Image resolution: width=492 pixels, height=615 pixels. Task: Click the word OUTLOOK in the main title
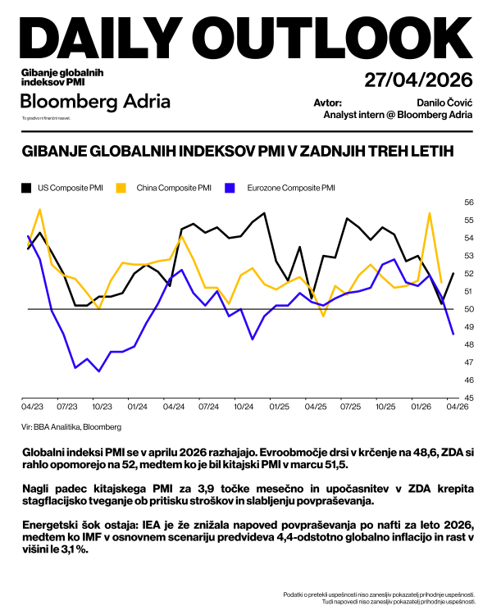pyautogui.click(x=353, y=38)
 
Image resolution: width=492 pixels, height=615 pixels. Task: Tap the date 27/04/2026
pyautogui.click(x=418, y=80)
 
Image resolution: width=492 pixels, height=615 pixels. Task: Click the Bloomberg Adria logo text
pyautogui.click(x=96, y=101)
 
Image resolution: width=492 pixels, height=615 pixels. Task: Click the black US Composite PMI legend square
pyautogui.click(x=26, y=188)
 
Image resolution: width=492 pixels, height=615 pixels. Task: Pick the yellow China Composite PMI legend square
pyautogui.click(x=120, y=188)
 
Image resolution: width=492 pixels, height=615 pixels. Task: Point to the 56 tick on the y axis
pyautogui.click(x=469, y=202)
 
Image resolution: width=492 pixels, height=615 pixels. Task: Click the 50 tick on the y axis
pyautogui.click(x=469, y=309)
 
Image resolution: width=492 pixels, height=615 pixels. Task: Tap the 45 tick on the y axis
pyautogui.click(x=469, y=399)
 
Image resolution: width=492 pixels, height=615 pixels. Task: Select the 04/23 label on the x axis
pyautogui.click(x=32, y=406)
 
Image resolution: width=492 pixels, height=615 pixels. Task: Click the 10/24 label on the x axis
pyautogui.click(x=244, y=406)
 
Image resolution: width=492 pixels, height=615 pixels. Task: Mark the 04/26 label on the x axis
pyautogui.click(x=456, y=406)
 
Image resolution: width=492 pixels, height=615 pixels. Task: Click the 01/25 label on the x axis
pyautogui.click(x=279, y=406)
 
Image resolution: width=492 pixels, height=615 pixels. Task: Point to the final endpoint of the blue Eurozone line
pyautogui.click(x=453, y=334)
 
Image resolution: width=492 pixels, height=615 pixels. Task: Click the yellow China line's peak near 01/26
pyautogui.click(x=430, y=213)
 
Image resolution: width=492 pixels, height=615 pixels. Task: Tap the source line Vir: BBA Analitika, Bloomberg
pyautogui.click(x=71, y=427)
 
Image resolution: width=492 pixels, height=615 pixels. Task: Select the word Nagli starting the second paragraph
pyautogui.click(x=37, y=488)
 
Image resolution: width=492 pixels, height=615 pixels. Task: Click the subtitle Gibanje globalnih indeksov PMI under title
pyautogui.click(x=67, y=78)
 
